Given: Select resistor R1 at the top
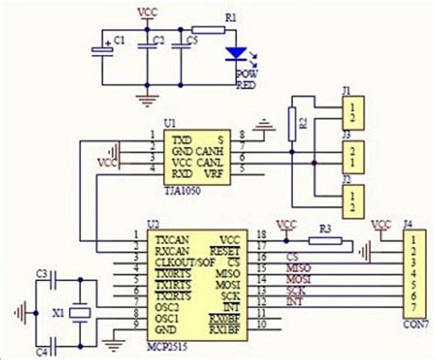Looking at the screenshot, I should tap(208, 29).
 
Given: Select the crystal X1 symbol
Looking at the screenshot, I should tap(80, 312).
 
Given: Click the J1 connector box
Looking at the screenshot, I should tap(352, 113).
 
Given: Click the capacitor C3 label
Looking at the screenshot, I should tap(41, 273).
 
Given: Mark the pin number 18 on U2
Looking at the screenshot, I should tap(262, 235).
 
